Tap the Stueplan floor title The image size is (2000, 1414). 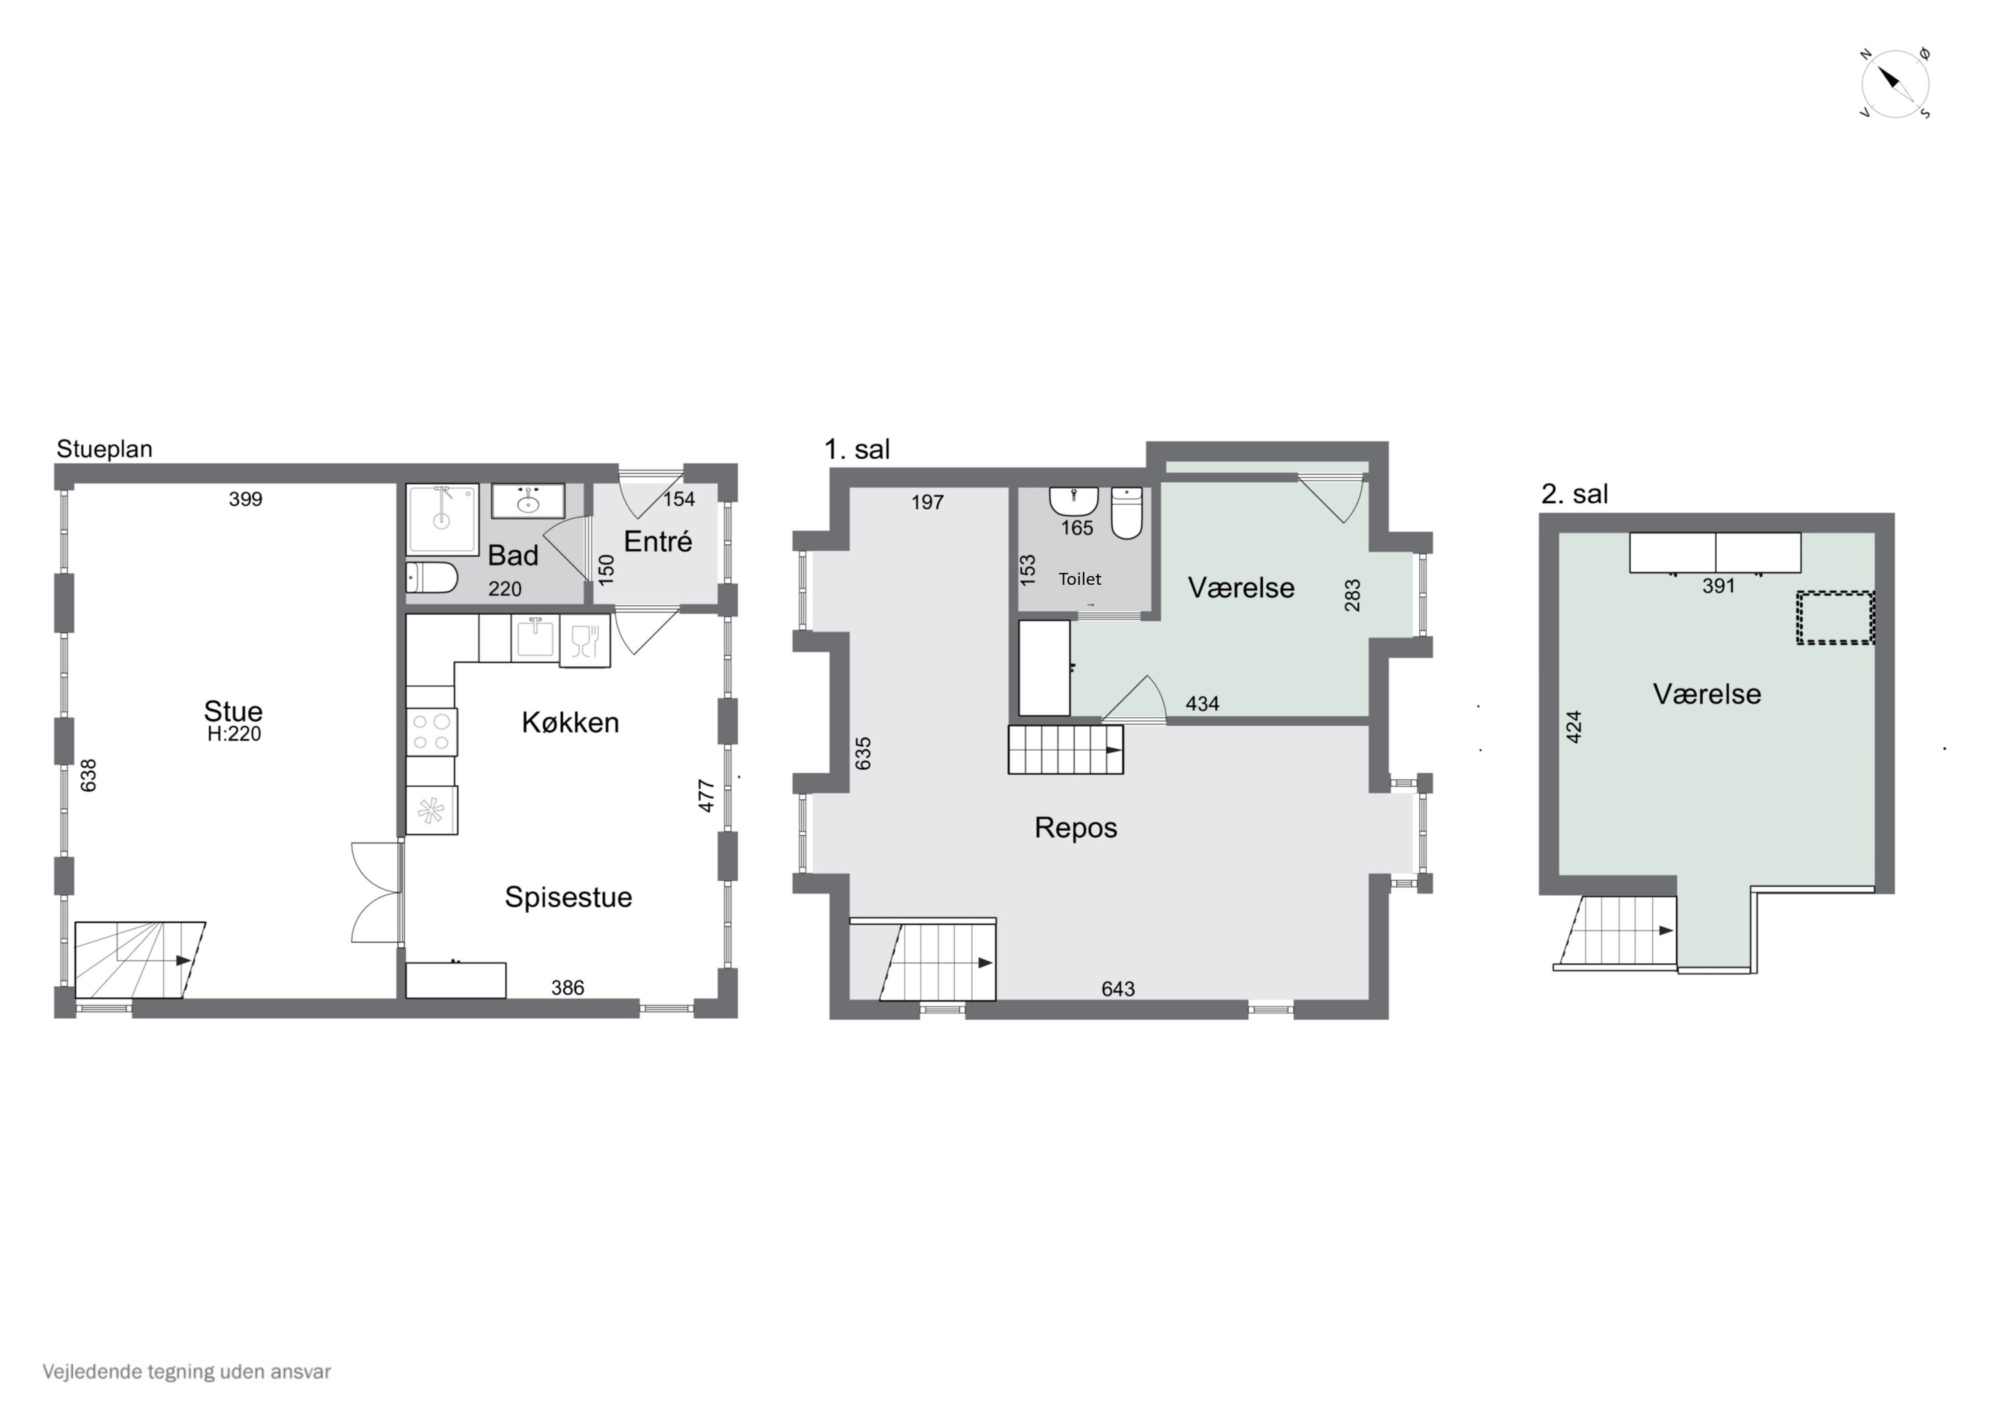coord(105,449)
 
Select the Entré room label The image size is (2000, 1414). coord(657,541)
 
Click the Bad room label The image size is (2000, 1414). coord(513,555)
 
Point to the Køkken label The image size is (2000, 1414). coord(571,722)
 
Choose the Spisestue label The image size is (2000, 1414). coord(569,897)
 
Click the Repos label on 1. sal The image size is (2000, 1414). coord(1076,827)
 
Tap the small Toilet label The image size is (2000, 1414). coord(1080,579)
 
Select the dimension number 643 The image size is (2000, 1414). coord(1119,989)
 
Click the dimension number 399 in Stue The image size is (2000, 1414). coord(245,499)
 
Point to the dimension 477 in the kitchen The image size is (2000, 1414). coord(707,795)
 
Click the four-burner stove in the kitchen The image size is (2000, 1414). coord(431,732)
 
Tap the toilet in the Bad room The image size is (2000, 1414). coord(432,577)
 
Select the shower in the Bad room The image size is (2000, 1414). coord(443,519)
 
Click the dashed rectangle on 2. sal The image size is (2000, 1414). coord(1835,618)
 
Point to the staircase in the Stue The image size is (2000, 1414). coord(140,960)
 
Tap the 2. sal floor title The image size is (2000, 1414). coord(1575,494)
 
